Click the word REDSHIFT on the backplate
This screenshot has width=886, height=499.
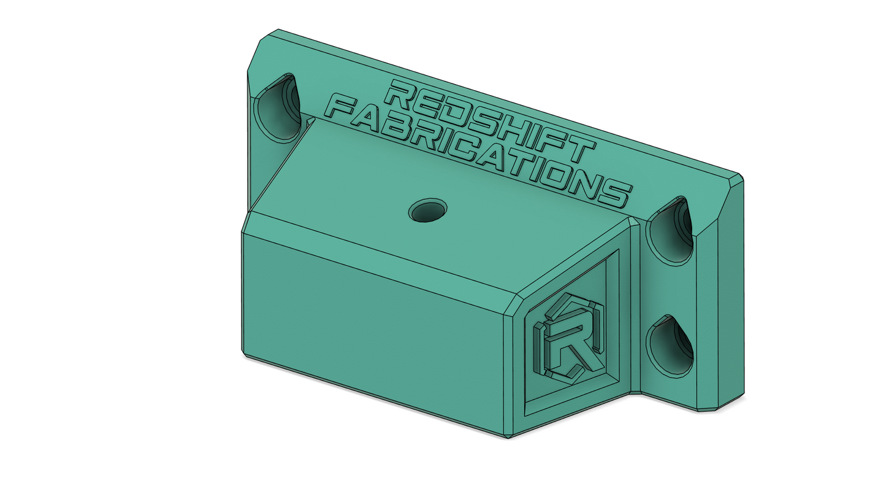[x=350, y=121]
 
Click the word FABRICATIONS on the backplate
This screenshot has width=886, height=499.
[x=476, y=152]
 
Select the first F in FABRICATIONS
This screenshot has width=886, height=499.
[x=344, y=109]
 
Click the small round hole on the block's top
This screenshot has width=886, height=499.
[x=428, y=210]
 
